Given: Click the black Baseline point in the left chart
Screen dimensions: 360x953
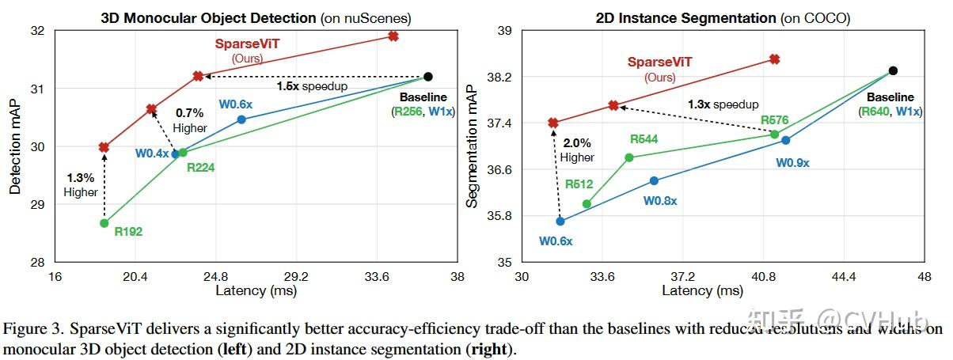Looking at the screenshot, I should (x=428, y=77).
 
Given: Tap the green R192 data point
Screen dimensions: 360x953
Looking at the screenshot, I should (x=104, y=223).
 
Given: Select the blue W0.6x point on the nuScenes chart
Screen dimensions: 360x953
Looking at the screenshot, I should (x=241, y=119).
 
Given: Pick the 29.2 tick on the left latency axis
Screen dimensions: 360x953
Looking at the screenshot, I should (x=296, y=278).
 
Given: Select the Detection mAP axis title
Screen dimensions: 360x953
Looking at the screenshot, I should (x=15, y=146).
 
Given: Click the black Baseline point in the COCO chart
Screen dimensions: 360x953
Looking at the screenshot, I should (x=893, y=70).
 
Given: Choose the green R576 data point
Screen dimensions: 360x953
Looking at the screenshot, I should (x=775, y=135).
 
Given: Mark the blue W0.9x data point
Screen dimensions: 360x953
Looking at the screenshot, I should (x=785, y=140).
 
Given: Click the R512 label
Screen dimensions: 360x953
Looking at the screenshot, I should (x=579, y=184).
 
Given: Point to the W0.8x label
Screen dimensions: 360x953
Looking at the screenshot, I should (x=660, y=201).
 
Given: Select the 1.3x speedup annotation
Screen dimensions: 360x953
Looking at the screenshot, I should (x=723, y=104).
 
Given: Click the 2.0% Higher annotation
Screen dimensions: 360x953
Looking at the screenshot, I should (x=577, y=150).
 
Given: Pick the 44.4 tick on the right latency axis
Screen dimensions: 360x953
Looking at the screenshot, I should (x=844, y=278).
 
